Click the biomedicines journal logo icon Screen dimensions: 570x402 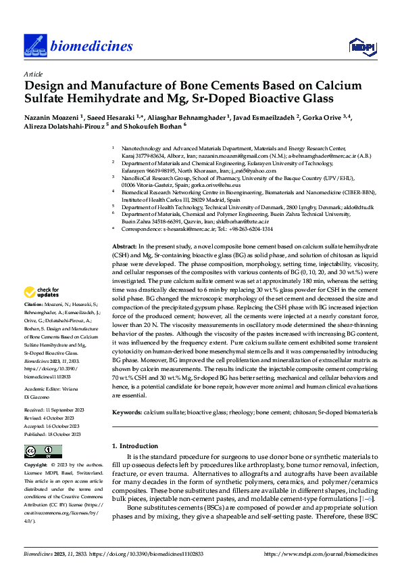[x=33, y=46]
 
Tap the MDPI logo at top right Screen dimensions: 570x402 [x=359, y=45]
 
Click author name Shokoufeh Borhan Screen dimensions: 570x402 [x=152, y=127]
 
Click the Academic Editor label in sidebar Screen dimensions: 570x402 [x=44, y=390]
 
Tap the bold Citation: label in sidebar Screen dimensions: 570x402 [x=35, y=324]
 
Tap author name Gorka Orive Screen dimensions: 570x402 [x=347, y=118]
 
